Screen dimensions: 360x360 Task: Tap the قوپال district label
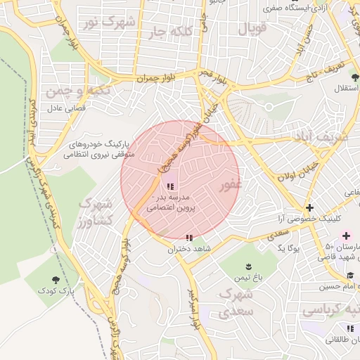(252, 30)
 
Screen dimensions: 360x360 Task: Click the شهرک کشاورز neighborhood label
(96, 211)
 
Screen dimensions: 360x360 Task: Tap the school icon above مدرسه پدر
(169, 186)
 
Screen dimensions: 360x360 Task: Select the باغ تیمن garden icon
(248, 266)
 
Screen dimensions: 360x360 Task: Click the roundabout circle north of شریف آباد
(268, 107)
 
